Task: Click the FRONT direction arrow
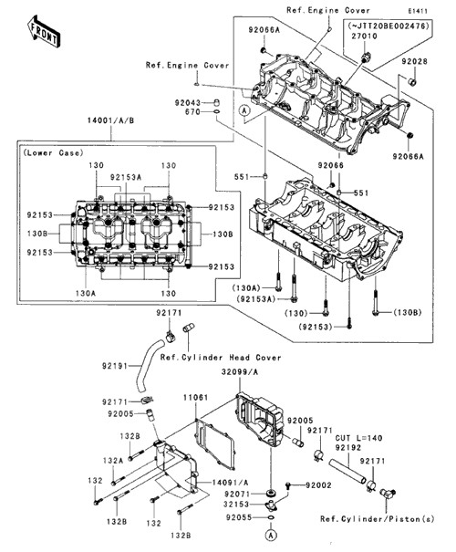44,31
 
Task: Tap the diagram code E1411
418,11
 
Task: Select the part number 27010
364,36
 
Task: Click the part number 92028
414,62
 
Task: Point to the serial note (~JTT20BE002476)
389,26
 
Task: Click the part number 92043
188,103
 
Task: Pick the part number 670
192,112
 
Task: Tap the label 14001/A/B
111,120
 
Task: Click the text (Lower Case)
53,152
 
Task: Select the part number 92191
115,366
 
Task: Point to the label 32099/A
239,372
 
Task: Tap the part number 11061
196,398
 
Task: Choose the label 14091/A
230,483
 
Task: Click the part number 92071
238,495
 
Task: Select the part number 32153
236,505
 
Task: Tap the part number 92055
239,517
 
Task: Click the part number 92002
318,485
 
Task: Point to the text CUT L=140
358,438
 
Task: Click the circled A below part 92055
271,536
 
